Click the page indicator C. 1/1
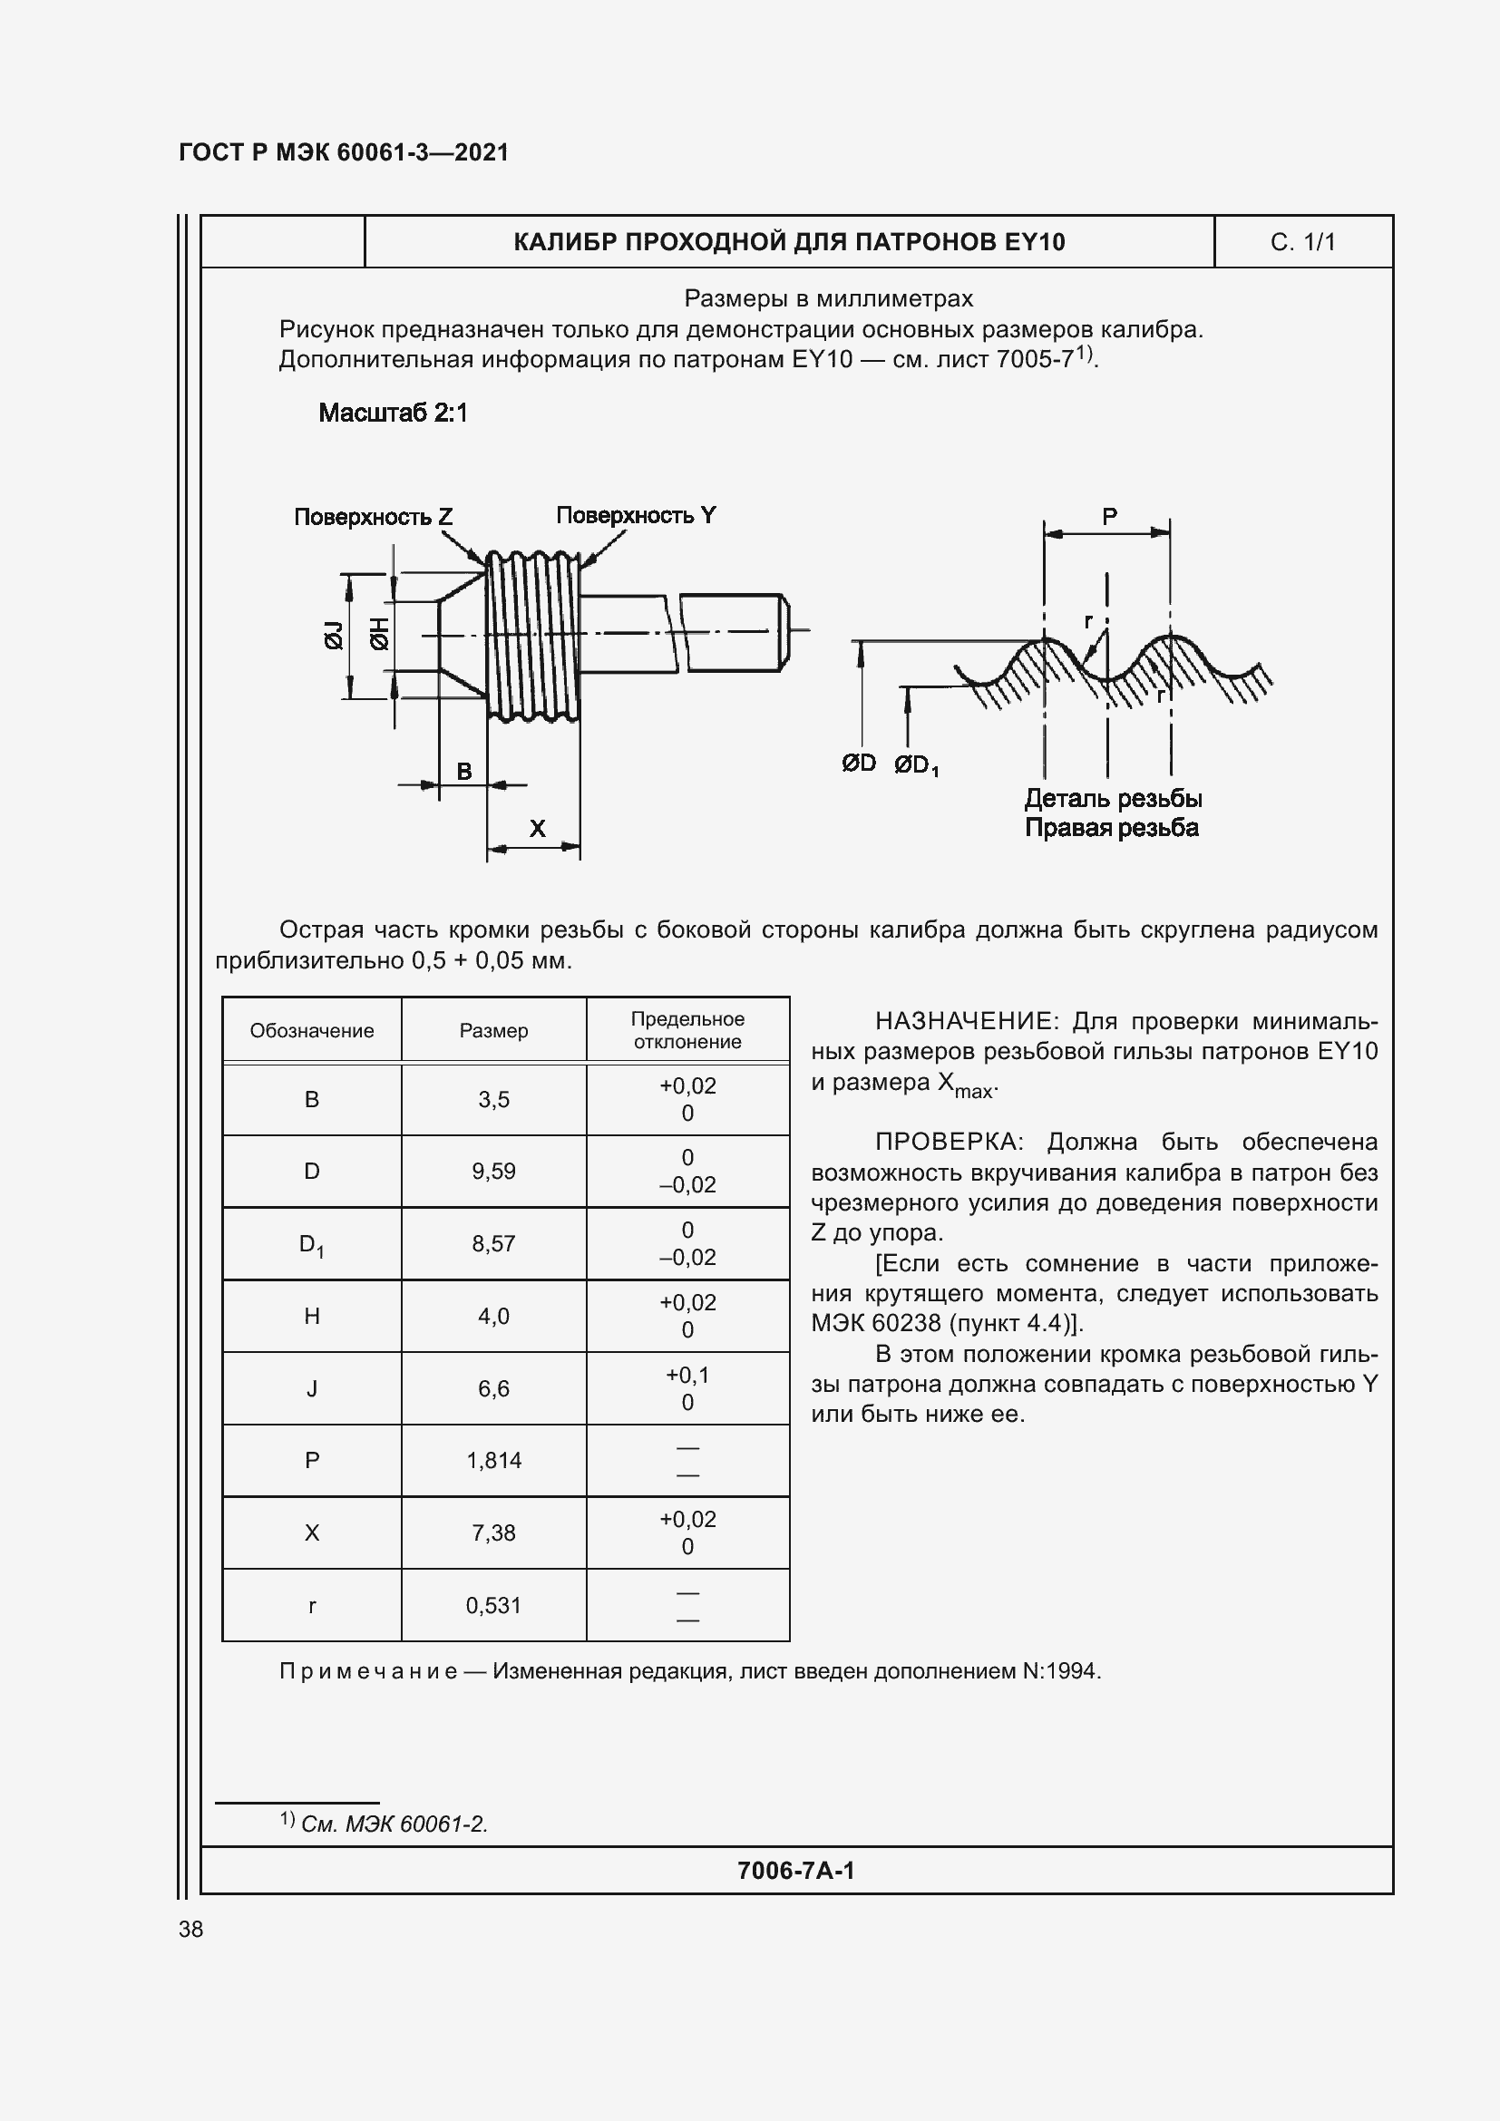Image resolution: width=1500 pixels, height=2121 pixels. pyautogui.click(x=1302, y=242)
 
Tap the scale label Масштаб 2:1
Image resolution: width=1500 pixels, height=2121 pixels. pyautogui.click(x=393, y=413)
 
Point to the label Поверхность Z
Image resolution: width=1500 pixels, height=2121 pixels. pyautogui.click(x=373, y=516)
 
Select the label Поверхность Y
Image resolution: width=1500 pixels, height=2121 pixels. pyautogui.click(x=636, y=515)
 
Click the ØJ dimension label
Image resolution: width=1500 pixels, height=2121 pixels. pyautogui.click(x=334, y=636)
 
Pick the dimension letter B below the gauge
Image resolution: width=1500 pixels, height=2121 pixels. pyautogui.click(x=464, y=772)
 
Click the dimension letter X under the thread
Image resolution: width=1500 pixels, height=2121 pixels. pyautogui.click(x=537, y=829)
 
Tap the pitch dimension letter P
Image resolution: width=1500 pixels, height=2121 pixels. pyautogui.click(x=1109, y=517)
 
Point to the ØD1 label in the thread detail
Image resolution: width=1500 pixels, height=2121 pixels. pyautogui.click(x=915, y=765)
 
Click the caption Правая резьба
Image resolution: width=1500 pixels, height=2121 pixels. pyautogui.click(x=1111, y=828)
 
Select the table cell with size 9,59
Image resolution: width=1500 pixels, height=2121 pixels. pyautogui.click(x=493, y=1172)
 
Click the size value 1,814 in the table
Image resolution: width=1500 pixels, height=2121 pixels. pyautogui.click(x=493, y=1461)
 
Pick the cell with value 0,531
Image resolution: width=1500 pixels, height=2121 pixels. pyautogui.click(x=493, y=1606)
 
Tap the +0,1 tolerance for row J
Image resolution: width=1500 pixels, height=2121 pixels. pyautogui.click(x=687, y=1376)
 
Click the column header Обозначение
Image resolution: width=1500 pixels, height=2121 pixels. pyautogui.click(x=311, y=1031)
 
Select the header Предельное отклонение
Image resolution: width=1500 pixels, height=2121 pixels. pyautogui.click(x=687, y=1030)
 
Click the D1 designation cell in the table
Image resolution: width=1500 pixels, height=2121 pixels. pyautogui.click(x=311, y=1244)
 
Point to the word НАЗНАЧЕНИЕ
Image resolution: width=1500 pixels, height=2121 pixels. pyautogui.click(x=963, y=1022)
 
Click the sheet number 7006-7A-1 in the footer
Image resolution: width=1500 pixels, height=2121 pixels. pyautogui.click(x=795, y=1871)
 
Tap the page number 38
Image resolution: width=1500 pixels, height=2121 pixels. pyautogui.click(x=191, y=1929)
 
